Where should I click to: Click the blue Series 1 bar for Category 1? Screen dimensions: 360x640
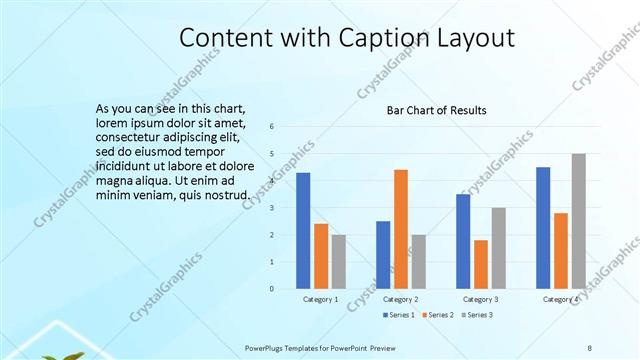(x=303, y=231)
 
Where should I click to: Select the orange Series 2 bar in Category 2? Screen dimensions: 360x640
(x=400, y=229)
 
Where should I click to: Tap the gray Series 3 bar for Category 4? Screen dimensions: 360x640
(x=578, y=221)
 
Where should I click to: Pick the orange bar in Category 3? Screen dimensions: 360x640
(x=481, y=264)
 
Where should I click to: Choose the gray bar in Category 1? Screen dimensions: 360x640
(x=338, y=262)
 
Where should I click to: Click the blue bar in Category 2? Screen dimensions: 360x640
(x=383, y=255)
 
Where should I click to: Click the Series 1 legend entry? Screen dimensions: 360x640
(x=399, y=314)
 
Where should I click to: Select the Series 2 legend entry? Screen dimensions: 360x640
(x=439, y=314)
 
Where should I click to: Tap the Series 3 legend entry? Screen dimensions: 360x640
(x=478, y=314)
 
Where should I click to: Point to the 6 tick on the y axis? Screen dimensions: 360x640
(x=272, y=127)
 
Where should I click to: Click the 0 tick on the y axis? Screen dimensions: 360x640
(x=272, y=289)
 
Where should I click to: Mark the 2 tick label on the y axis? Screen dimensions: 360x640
(x=272, y=235)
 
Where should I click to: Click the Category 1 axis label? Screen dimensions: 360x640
(x=320, y=299)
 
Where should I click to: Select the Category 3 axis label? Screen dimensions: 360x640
(x=480, y=299)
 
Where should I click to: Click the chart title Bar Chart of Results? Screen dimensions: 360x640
(x=437, y=110)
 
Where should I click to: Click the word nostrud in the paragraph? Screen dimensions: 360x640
(x=220, y=195)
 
